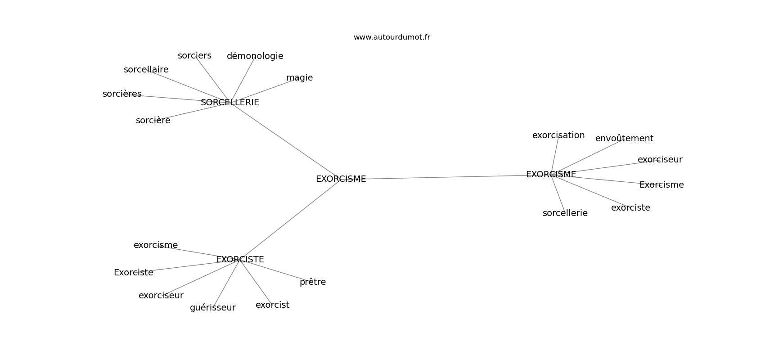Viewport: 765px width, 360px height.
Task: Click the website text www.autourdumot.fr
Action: [x=391, y=37]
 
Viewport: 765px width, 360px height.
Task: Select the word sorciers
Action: [x=194, y=56]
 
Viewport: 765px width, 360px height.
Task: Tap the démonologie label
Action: [x=255, y=56]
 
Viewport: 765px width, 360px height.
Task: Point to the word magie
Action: [x=299, y=78]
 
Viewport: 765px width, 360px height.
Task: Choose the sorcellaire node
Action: [x=146, y=70]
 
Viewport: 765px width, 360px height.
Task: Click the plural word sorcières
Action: [x=122, y=94]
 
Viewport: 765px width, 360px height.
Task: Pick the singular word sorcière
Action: [x=153, y=121]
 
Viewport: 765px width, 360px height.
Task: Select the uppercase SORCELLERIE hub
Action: [x=229, y=103]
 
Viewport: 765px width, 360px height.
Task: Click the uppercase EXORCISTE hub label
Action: [x=240, y=260]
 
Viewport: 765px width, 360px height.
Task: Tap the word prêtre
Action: [x=312, y=282]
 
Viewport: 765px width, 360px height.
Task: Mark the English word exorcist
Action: [x=272, y=305]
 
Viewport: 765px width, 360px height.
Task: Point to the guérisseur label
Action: [x=212, y=308]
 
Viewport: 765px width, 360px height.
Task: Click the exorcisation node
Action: [x=558, y=135]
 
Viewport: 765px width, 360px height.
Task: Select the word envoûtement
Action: [x=624, y=139]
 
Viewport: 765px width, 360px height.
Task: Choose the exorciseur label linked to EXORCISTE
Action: [x=161, y=296]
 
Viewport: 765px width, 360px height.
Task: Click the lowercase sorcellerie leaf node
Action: [x=565, y=213]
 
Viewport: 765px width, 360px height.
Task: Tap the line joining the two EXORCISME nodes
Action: [x=445, y=177]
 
